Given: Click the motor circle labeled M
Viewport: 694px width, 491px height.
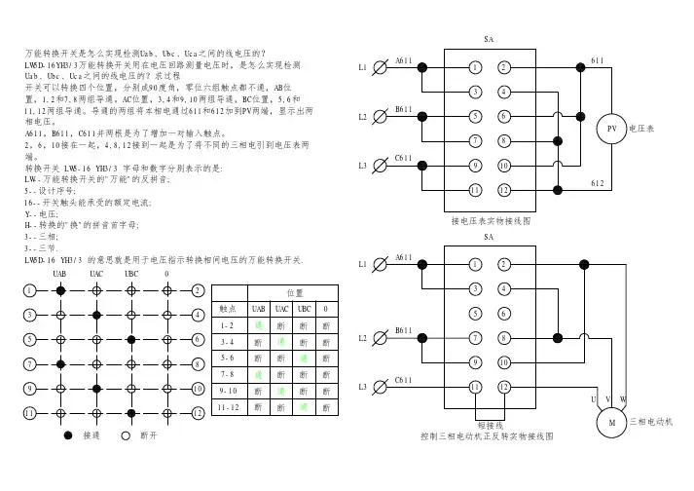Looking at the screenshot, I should click(612, 423).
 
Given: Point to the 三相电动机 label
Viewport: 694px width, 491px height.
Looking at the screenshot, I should click(651, 422).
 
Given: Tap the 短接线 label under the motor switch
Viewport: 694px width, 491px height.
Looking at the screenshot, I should click(490, 424).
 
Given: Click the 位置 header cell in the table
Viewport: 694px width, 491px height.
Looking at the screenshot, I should click(293, 291).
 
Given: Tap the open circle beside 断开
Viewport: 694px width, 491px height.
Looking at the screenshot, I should click(125, 434).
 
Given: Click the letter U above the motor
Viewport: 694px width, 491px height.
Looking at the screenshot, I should click(593, 399).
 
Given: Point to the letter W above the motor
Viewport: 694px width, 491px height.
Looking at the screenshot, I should click(622, 399).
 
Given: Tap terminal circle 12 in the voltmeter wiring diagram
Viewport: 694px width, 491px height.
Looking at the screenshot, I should click(504, 188).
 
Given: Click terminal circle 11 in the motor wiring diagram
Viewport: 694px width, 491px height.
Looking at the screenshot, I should click(475, 387).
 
